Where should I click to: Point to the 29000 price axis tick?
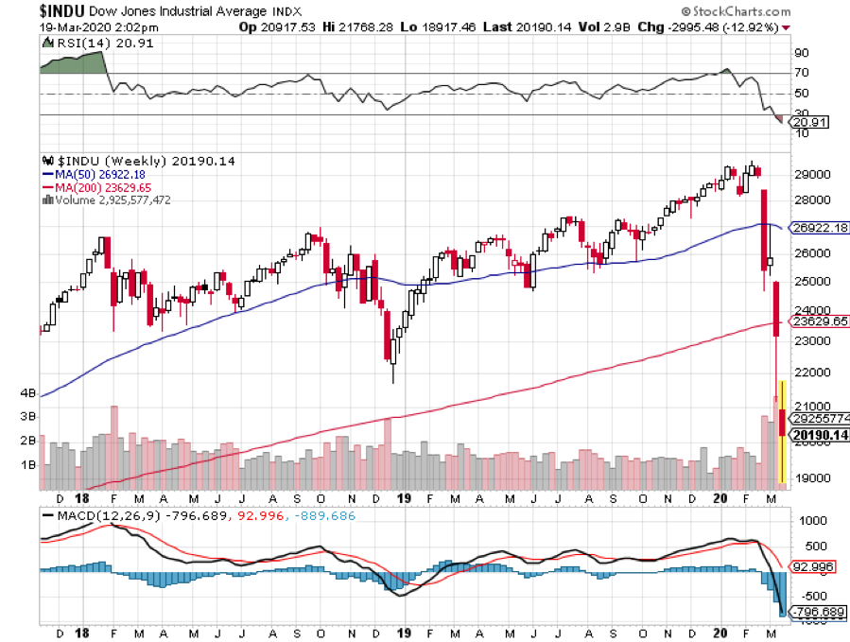(x=813, y=176)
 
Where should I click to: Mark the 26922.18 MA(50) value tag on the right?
(x=818, y=228)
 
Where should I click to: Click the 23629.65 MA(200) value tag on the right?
(x=818, y=321)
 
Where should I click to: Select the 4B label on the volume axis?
(x=27, y=392)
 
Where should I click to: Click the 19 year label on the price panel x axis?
(x=405, y=497)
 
